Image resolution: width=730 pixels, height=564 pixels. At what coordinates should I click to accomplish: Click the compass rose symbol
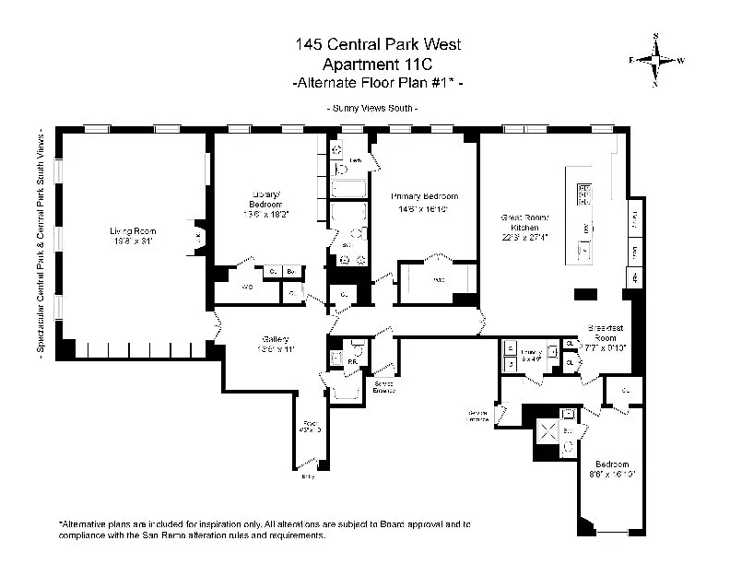656,59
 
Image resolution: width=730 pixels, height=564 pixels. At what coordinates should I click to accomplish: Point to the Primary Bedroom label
424,196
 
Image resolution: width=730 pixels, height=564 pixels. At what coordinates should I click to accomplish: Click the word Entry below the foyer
307,476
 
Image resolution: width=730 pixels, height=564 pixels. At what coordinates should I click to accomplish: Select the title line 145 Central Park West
365,43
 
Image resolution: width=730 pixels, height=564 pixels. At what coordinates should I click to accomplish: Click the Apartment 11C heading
365,63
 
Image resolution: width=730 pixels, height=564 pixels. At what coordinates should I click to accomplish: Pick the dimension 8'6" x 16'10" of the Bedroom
613,475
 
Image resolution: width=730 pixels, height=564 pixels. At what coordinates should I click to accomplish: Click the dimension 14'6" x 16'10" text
424,208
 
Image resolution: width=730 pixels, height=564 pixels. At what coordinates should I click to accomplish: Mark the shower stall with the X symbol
545,430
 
